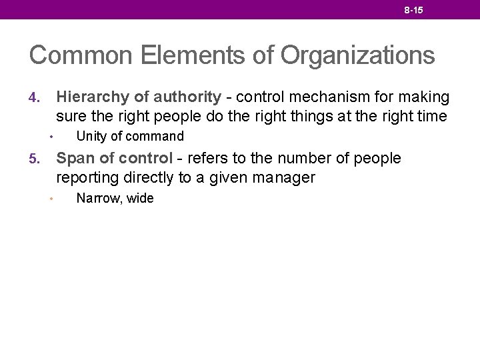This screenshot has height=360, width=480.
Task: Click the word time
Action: click(x=429, y=117)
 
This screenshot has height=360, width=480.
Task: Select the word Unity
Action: click(x=91, y=137)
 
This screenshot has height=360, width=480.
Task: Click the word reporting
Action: click(x=85, y=179)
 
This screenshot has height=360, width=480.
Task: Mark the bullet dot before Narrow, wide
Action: click(x=51, y=199)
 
